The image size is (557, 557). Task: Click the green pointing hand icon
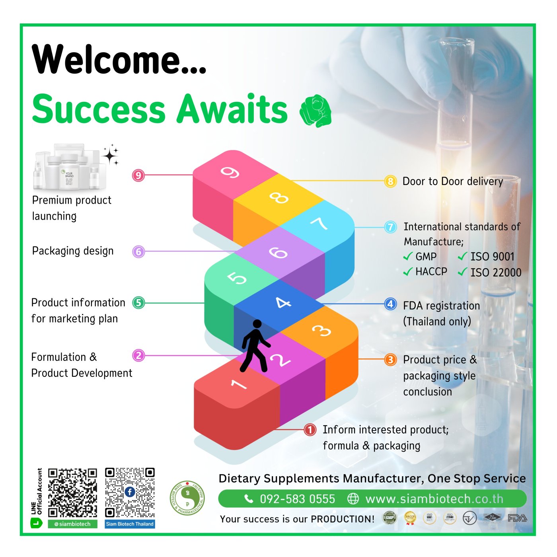pyautogui.click(x=316, y=111)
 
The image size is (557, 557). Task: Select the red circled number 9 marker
pyautogui.click(x=138, y=175)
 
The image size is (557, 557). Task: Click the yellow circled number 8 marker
pyautogui.click(x=390, y=181)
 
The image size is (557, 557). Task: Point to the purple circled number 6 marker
pyautogui.click(x=138, y=251)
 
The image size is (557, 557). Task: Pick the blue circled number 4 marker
pyautogui.click(x=390, y=304)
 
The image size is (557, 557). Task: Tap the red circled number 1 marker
pyautogui.click(x=310, y=430)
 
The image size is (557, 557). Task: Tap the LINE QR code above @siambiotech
pyautogui.click(x=72, y=493)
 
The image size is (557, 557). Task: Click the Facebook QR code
pyautogui.click(x=130, y=493)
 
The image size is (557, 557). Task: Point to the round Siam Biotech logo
pyautogui.click(x=187, y=498)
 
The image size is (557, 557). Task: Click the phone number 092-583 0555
pyautogui.click(x=297, y=499)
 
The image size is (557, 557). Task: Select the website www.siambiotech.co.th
pyautogui.click(x=434, y=499)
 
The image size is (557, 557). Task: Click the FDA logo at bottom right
pyautogui.click(x=517, y=518)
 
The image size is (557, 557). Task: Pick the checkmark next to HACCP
pyautogui.click(x=408, y=272)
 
